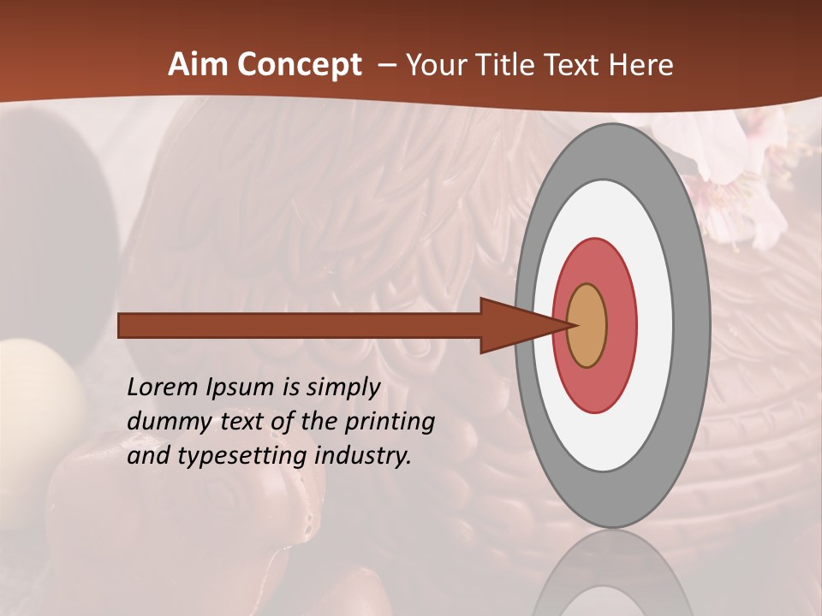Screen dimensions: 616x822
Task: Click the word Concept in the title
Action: click(x=299, y=65)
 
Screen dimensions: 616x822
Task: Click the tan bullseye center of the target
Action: click(x=587, y=325)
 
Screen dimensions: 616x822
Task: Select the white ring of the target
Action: click(x=654, y=325)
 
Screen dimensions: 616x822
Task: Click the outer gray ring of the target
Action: click(x=692, y=325)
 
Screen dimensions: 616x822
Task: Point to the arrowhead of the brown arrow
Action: click(x=514, y=325)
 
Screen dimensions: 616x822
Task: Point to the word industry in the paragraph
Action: click(x=363, y=456)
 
